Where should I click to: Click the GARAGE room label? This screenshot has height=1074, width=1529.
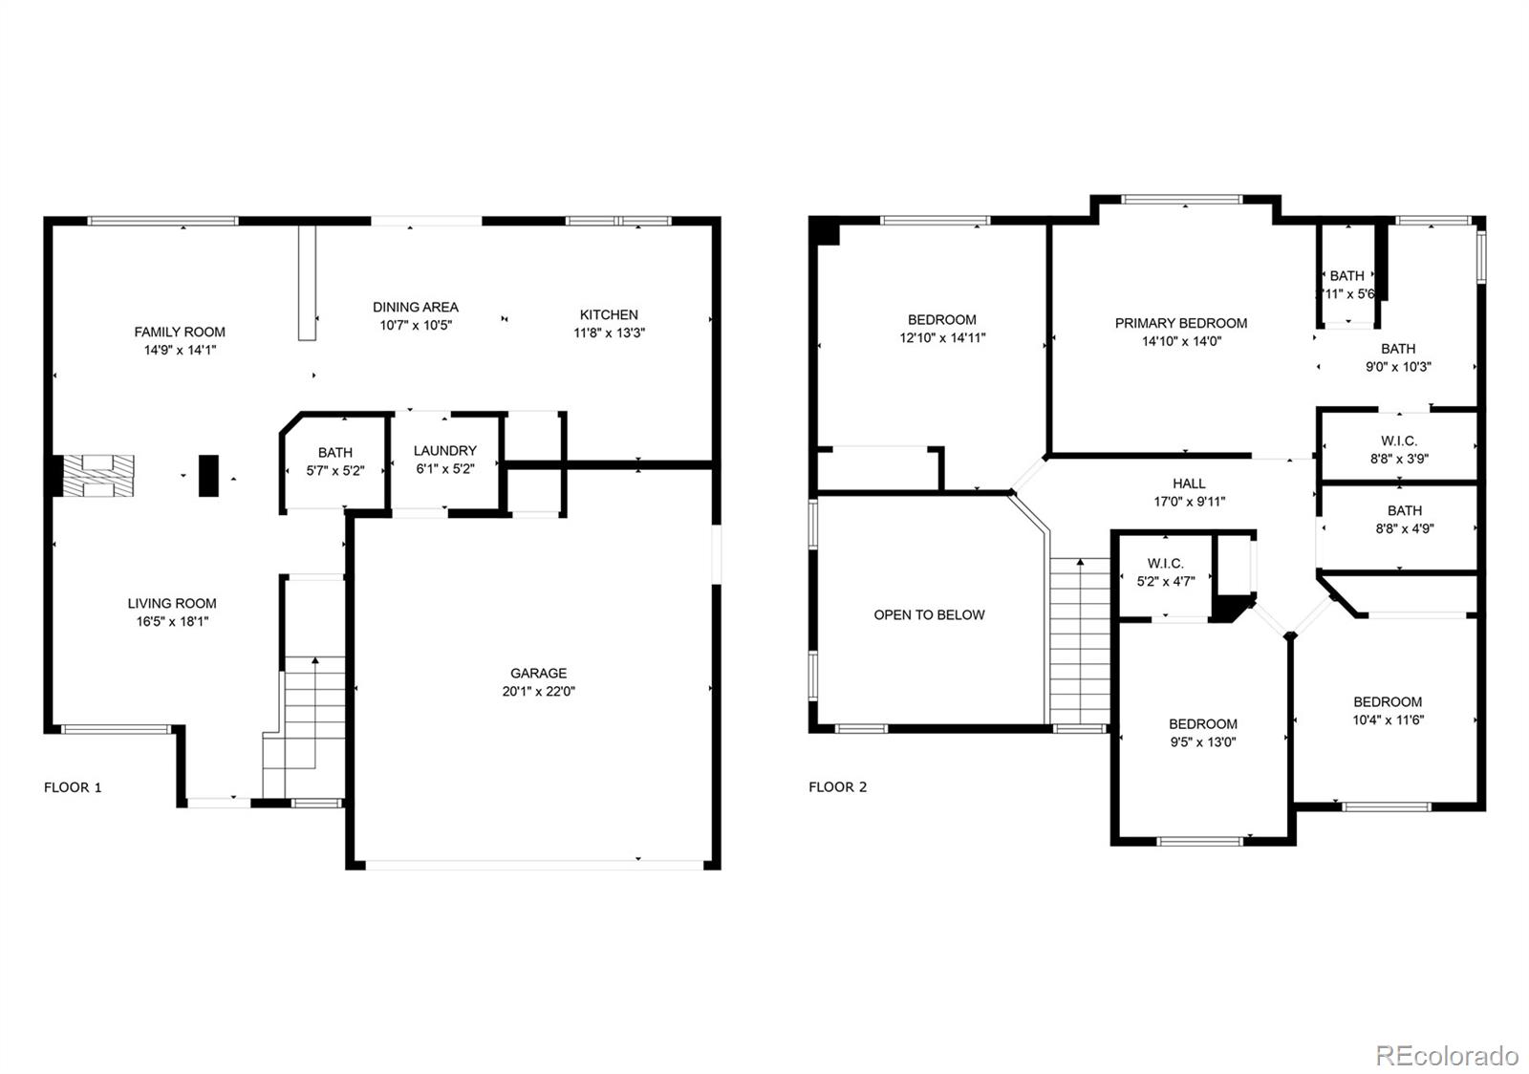click(538, 673)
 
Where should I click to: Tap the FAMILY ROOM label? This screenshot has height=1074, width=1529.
click(180, 332)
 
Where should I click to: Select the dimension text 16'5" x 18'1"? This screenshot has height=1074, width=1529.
click(172, 621)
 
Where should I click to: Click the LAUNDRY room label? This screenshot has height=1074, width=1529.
click(444, 450)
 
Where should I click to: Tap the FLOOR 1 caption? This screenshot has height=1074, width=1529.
click(73, 787)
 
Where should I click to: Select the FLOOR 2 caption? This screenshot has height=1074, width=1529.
click(837, 787)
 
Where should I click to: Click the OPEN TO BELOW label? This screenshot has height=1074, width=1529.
click(929, 614)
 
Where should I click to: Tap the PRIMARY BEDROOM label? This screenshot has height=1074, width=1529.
click(1180, 323)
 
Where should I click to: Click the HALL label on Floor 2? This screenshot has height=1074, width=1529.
click(1189, 483)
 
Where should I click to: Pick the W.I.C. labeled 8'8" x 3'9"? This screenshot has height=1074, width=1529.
click(1398, 449)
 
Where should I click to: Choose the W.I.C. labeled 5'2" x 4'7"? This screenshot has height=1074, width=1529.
click(1165, 571)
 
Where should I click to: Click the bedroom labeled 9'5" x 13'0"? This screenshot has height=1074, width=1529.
click(1202, 733)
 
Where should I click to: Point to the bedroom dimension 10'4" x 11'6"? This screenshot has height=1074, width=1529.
click(1388, 720)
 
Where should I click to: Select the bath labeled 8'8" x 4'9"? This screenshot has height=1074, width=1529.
click(1404, 519)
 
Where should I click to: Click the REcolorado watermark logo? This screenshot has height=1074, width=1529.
click(1446, 1055)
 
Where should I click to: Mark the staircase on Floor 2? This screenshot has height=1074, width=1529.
click(1080, 640)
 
